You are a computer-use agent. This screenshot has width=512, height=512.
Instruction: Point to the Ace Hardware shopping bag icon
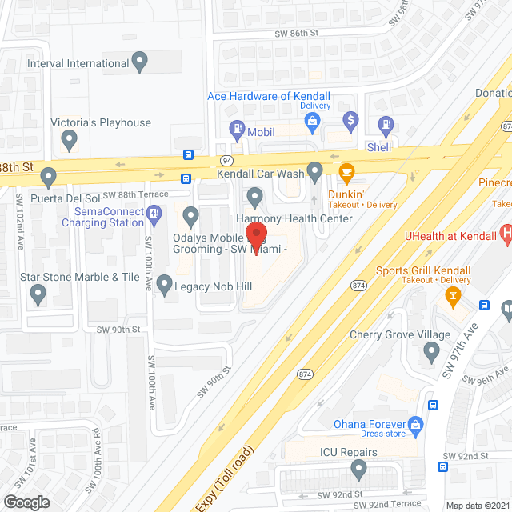(314, 122)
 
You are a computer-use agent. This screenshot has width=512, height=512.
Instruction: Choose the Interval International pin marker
(141, 61)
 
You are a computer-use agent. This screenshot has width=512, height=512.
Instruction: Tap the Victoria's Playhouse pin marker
(69, 142)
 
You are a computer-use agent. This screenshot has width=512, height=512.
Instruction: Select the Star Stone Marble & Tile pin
(38, 295)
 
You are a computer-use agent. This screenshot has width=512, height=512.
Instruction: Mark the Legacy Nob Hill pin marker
(164, 283)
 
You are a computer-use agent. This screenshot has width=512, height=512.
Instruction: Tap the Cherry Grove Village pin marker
(432, 350)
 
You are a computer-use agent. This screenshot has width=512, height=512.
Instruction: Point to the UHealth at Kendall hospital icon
(506, 234)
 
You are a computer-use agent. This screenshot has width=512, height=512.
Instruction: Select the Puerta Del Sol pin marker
(49, 175)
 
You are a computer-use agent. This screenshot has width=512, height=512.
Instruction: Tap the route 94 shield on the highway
(226, 161)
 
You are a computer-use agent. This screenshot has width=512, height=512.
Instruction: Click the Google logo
(26, 502)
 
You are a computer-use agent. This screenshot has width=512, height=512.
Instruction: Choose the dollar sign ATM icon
(350, 122)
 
